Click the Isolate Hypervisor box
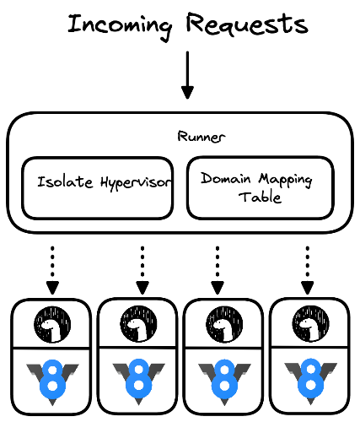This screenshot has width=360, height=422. coord(97,187)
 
